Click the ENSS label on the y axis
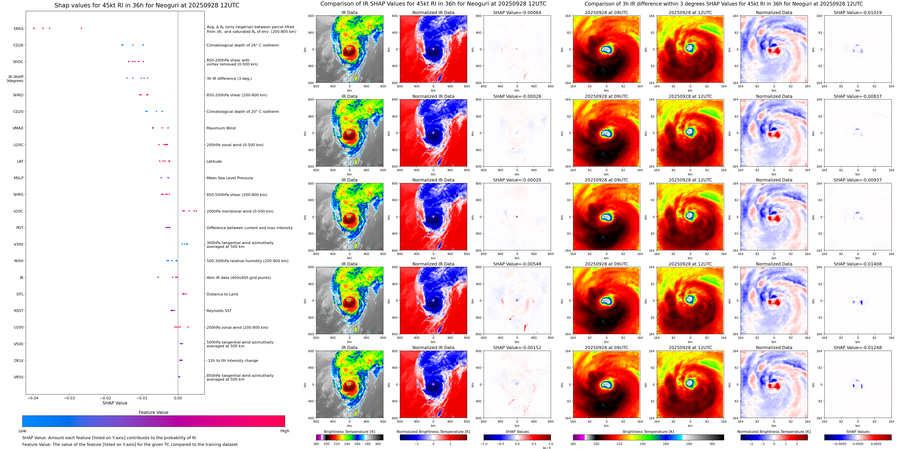(19, 29)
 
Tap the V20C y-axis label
(19, 211)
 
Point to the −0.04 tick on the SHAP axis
(33, 398)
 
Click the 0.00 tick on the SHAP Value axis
(178, 398)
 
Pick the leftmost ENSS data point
(34, 28)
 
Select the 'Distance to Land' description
(222, 294)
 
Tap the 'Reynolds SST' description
(219, 311)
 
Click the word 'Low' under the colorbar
(22, 431)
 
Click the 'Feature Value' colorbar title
(153, 412)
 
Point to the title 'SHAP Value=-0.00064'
(517, 13)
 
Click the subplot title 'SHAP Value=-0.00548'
(517, 264)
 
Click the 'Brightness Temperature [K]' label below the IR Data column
(349, 432)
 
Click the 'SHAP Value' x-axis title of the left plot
(115, 403)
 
